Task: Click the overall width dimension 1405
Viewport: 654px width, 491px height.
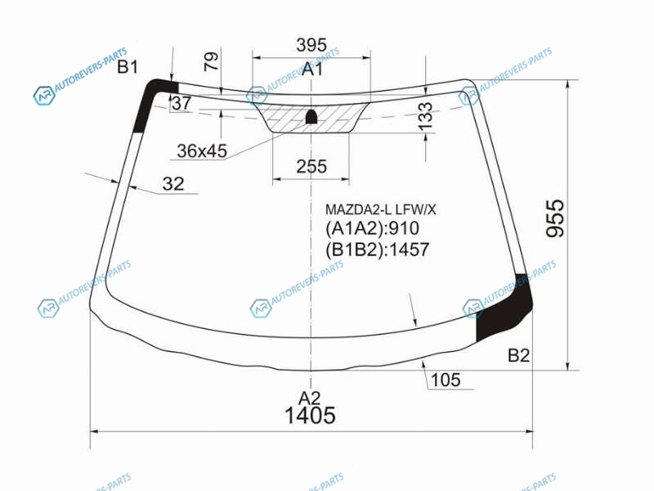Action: (x=310, y=416)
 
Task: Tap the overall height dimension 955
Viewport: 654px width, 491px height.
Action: (x=555, y=218)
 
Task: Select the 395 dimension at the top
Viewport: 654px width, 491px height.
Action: (x=311, y=45)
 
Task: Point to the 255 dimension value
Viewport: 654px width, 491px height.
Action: (x=311, y=167)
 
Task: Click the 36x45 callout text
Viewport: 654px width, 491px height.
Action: (x=202, y=151)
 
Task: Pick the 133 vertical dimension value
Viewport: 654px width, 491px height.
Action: (x=425, y=116)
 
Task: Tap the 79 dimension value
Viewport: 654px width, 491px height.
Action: (x=212, y=61)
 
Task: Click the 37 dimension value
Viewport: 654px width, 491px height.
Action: (x=181, y=103)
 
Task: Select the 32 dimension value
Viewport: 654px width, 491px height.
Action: (x=173, y=183)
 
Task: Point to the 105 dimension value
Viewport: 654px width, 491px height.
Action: (x=446, y=380)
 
